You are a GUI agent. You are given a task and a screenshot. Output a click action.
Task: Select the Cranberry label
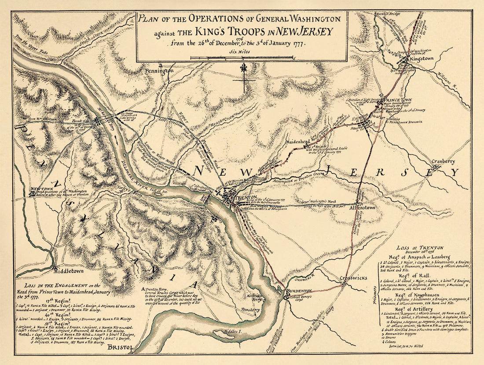click(443, 162)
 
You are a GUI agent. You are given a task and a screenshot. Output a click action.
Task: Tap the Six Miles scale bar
click(242, 57)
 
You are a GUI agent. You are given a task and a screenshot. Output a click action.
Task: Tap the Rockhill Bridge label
click(388, 14)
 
